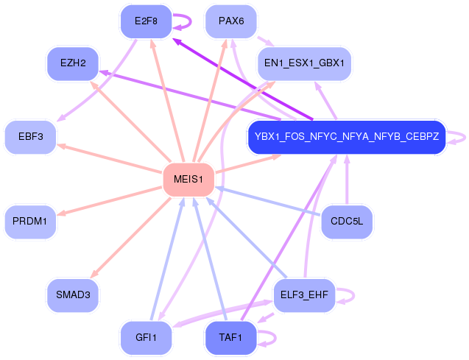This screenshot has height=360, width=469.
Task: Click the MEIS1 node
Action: [x=188, y=180]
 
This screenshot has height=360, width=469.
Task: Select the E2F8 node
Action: [x=146, y=21]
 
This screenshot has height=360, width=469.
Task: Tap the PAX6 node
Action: [x=231, y=21]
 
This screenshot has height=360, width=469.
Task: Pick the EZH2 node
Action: [x=73, y=64]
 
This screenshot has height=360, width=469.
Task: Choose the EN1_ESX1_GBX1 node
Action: [x=305, y=63]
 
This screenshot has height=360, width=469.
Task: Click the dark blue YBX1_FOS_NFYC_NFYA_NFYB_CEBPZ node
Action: [x=347, y=137]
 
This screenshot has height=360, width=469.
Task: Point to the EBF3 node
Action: [x=31, y=137]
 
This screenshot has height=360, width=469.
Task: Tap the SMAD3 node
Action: [x=73, y=295]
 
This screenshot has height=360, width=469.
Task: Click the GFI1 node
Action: [x=146, y=338]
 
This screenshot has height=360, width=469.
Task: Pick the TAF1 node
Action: [x=230, y=338]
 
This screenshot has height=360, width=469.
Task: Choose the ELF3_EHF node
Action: [x=304, y=295]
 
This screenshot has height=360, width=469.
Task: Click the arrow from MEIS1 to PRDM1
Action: [x=110, y=200]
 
